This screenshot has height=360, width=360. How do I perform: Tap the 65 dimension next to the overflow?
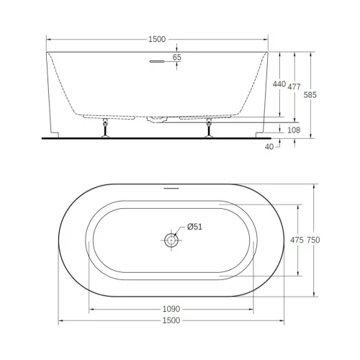177,57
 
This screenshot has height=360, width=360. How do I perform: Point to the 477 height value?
294,86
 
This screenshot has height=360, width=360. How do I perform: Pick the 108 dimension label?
294,130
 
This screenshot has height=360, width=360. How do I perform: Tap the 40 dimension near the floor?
269,146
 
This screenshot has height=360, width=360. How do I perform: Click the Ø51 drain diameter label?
195,227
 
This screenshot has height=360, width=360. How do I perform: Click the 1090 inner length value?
171,308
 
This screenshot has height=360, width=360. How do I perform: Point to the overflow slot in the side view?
158,62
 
